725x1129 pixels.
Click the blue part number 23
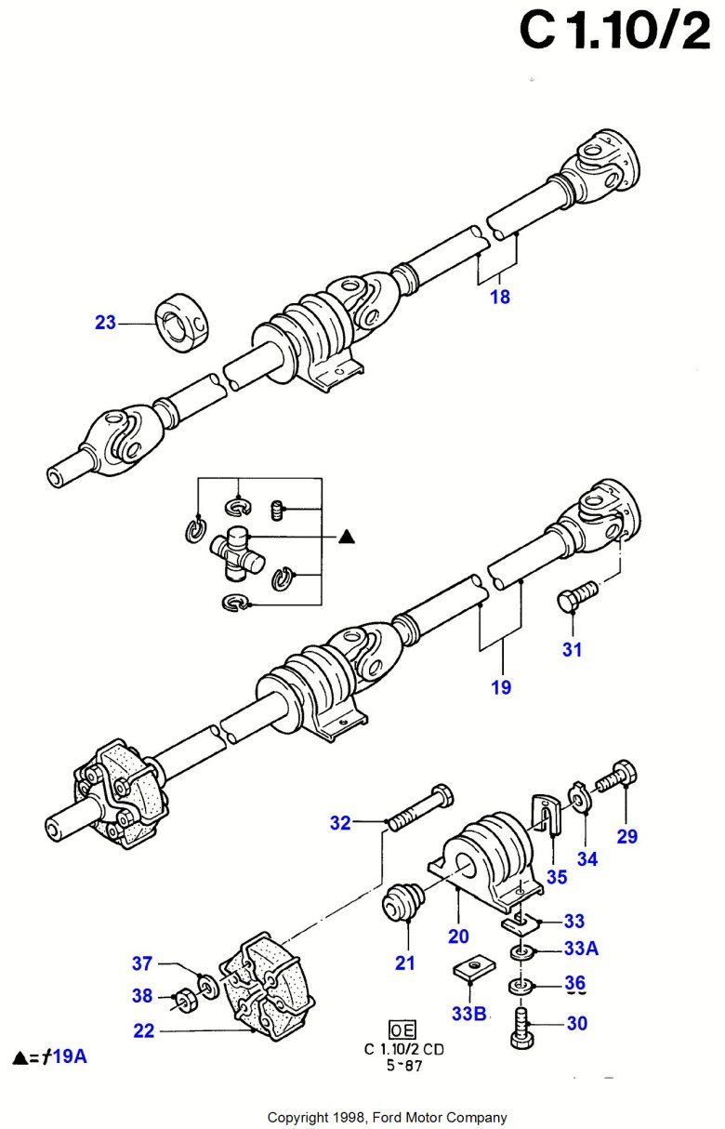click(x=105, y=323)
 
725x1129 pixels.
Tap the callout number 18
click(x=500, y=298)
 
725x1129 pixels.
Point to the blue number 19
click(x=501, y=688)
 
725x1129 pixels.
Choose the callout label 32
click(x=341, y=822)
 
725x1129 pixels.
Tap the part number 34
click(x=587, y=858)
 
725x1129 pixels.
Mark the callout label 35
click(x=556, y=876)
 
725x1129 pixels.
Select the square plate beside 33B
click(x=473, y=972)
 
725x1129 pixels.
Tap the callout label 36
click(x=575, y=982)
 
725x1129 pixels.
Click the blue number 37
click(x=141, y=963)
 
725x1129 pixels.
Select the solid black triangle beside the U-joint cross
click(x=347, y=536)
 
